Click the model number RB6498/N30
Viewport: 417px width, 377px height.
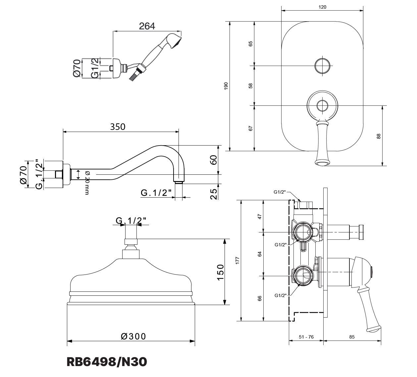(x=107, y=362)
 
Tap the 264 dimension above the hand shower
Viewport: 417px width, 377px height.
(x=147, y=26)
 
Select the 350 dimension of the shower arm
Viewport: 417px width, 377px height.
(x=118, y=127)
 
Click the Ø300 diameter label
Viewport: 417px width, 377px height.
(x=133, y=336)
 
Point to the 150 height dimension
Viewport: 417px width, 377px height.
(x=220, y=273)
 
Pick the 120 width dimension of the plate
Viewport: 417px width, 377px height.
(x=322, y=7)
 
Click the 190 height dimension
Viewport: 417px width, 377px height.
(x=226, y=86)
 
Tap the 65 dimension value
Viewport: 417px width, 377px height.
(x=250, y=44)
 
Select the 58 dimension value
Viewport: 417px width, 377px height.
(x=250, y=86)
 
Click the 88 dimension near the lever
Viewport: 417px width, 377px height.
(x=378, y=136)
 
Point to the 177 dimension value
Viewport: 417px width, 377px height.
(x=237, y=260)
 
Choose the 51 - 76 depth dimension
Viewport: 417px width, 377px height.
(x=306, y=337)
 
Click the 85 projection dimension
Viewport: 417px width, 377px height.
(x=352, y=337)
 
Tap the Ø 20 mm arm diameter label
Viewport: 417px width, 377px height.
(x=87, y=183)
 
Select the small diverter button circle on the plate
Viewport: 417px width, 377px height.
(x=322, y=66)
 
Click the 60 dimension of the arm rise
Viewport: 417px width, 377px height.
(x=214, y=160)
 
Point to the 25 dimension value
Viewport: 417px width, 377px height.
(x=214, y=194)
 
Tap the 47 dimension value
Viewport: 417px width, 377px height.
(x=259, y=216)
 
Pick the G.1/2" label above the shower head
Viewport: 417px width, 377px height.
(x=131, y=220)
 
